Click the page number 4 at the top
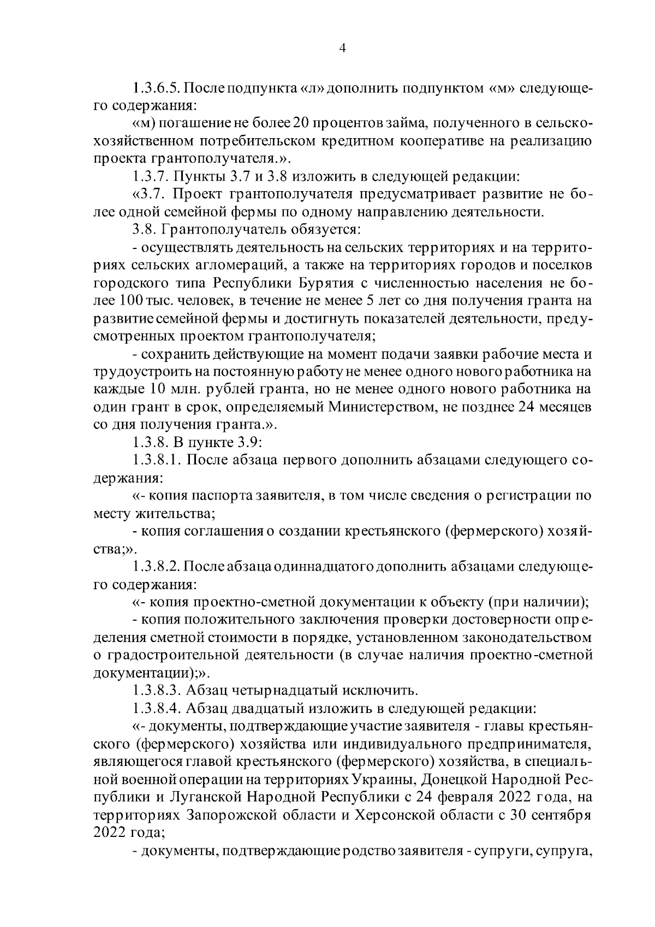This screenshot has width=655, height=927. pyautogui.click(x=342, y=48)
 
